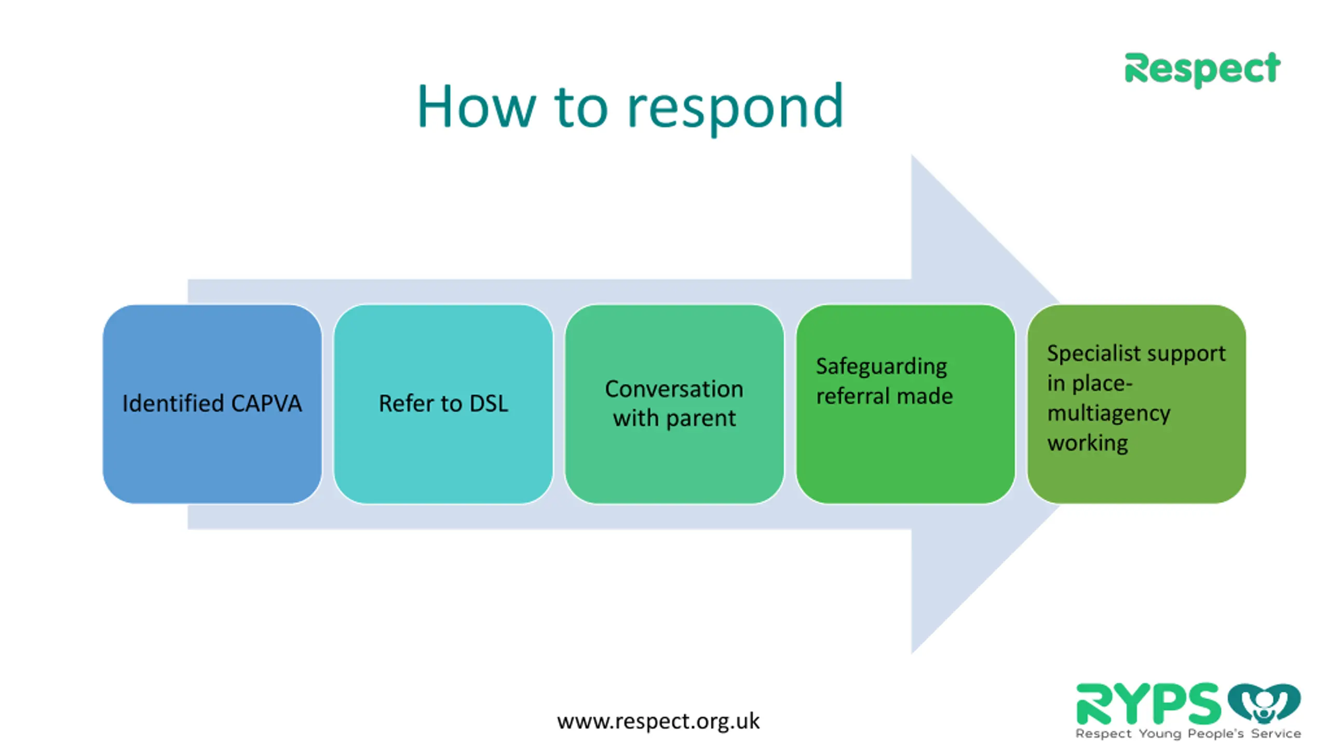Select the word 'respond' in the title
point(735,110)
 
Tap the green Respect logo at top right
point(1202,70)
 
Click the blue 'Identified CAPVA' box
point(212,404)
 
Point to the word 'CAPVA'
point(266,404)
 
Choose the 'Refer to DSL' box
point(443,404)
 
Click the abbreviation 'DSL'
point(489,404)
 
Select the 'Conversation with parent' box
point(674,404)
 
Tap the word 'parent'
point(701,419)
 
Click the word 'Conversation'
point(674,389)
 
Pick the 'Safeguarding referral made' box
point(905,404)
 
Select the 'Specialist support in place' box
point(1136,404)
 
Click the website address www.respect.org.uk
point(658,721)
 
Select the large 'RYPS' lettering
point(1148,704)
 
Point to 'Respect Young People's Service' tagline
point(1188,733)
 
